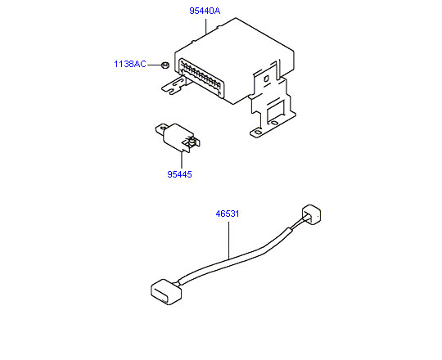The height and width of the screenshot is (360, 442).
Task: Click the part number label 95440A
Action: click(205, 11)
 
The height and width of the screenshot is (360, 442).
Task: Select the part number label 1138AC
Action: click(130, 64)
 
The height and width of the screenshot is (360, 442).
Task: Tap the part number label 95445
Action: click(179, 174)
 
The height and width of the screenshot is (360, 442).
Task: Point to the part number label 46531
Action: click(228, 214)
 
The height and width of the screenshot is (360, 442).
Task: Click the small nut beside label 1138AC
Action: click(165, 65)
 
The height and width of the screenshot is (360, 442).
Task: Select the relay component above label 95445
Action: click(178, 137)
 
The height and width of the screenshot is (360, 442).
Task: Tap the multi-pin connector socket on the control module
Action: click(201, 78)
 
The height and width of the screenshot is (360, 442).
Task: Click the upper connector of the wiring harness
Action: click(312, 214)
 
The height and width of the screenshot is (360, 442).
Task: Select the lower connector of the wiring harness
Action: click(166, 292)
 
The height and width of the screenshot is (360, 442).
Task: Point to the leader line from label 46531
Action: click(228, 241)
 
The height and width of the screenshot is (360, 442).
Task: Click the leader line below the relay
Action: click(182, 160)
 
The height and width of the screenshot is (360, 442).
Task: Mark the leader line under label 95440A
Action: click(205, 26)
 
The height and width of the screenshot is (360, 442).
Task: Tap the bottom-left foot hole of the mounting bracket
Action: click(257, 132)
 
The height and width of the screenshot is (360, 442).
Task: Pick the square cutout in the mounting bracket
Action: click(275, 109)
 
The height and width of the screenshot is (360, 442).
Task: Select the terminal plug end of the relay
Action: click(192, 142)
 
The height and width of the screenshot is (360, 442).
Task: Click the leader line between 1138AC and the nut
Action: click(154, 65)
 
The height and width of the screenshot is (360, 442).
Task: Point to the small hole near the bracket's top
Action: click(266, 79)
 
